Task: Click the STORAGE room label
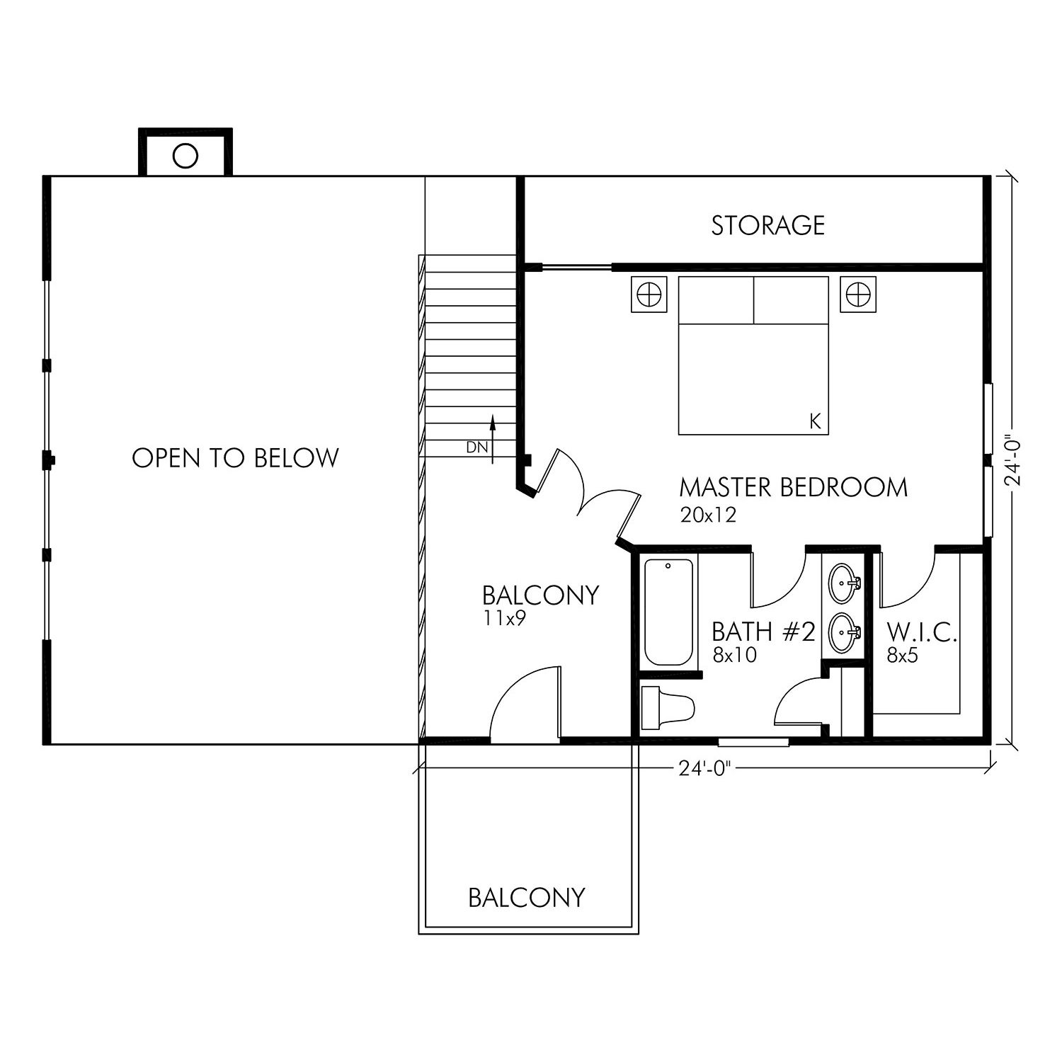coord(768,225)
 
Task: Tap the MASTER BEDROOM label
coord(793,488)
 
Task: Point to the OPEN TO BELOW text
coord(236,457)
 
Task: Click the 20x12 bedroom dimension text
coord(708,515)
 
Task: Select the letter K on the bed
coord(815,422)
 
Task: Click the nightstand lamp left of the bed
coord(649,293)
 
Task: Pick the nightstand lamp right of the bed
coord(857,293)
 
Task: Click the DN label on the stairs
coord(476,447)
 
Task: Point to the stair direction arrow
coord(493,440)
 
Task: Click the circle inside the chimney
coord(185,155)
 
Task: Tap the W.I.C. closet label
coord(922,632)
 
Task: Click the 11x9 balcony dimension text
coord(505,619)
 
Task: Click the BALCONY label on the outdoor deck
coord(527,898)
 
